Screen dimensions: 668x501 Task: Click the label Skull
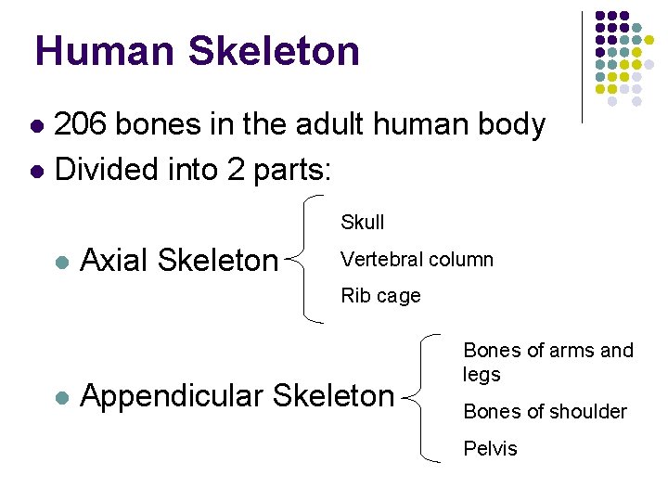click(x=362, y=223)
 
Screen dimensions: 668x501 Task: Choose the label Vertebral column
click(x=417, y=260)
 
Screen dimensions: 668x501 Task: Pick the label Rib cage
click(x=380, y=296)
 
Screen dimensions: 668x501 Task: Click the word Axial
click(x=115, y=261)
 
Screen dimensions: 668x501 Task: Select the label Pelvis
click(x=490, y=449)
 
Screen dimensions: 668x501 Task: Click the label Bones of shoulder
click(x=545, y=411)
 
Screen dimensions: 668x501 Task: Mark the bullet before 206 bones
click(x=36, y=125)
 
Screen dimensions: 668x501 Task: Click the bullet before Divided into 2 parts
click(x=36, y=171)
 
